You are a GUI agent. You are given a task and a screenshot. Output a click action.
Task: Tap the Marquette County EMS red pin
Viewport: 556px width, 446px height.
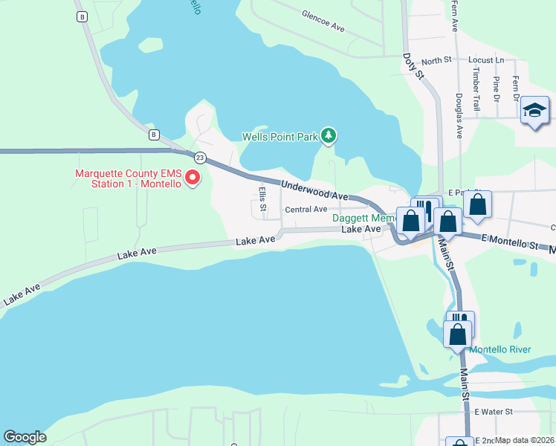192,178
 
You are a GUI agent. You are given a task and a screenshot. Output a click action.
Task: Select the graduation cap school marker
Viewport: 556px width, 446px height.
534,111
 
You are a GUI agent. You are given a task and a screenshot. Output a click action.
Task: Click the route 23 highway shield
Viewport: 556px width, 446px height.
200,158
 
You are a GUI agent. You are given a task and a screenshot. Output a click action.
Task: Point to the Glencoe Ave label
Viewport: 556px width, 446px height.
323,20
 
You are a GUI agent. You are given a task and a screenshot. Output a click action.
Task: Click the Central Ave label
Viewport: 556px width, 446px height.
306,210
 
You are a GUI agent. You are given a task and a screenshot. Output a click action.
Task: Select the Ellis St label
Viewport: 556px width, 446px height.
262,198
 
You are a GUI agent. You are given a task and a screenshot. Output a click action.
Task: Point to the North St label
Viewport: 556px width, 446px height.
436,59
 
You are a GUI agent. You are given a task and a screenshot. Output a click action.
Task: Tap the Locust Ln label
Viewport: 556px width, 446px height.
486,59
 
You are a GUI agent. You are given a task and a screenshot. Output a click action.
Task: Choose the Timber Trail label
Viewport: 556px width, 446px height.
476,90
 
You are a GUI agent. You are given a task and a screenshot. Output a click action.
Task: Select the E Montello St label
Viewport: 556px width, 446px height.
509,243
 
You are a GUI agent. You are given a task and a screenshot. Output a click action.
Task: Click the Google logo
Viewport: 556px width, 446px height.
25,437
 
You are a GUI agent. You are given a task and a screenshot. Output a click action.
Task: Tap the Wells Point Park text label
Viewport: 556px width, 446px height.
279,137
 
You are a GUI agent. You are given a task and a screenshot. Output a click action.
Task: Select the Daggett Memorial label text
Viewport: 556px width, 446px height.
363,219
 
